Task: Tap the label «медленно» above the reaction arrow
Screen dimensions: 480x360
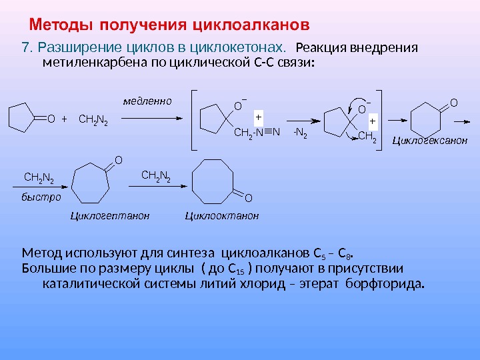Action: coord(147,101)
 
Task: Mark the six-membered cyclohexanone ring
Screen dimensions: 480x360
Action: coord(427,120)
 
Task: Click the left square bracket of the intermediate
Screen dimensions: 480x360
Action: coord(194,119)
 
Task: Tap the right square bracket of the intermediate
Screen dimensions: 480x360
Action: coord(381,119)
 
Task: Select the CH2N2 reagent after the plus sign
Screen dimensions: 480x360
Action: coord(93,120)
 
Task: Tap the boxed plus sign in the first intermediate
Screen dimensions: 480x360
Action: coord(258,115)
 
